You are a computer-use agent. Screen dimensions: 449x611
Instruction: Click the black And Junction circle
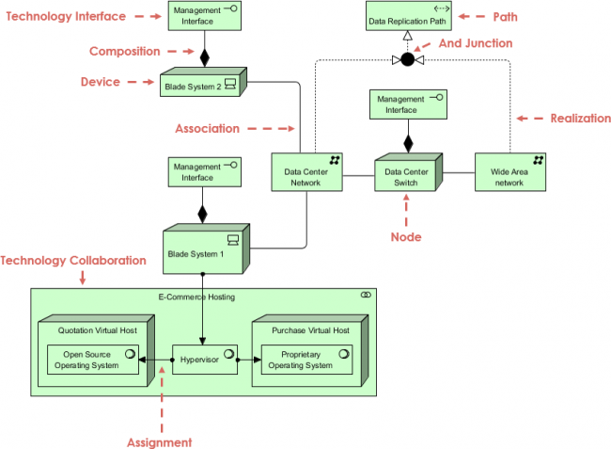(407, 60)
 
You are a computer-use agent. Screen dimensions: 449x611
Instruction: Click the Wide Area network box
(508, 176)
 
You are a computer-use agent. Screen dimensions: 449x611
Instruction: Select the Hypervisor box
(204, 359)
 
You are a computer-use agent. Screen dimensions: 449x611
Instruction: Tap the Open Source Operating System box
(92, 359)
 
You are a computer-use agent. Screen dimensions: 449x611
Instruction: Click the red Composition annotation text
(124, 52)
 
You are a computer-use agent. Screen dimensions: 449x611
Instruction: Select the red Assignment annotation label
(160, 441)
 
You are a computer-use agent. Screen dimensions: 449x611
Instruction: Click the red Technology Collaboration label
(73, 260)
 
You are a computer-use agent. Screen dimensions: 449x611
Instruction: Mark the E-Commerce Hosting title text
(196, 297)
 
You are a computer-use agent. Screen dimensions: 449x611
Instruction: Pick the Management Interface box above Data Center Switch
(407, 104)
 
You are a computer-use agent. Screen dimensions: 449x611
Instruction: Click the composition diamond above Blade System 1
(202, 213)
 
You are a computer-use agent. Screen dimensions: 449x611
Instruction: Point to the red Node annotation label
(406, 236)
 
